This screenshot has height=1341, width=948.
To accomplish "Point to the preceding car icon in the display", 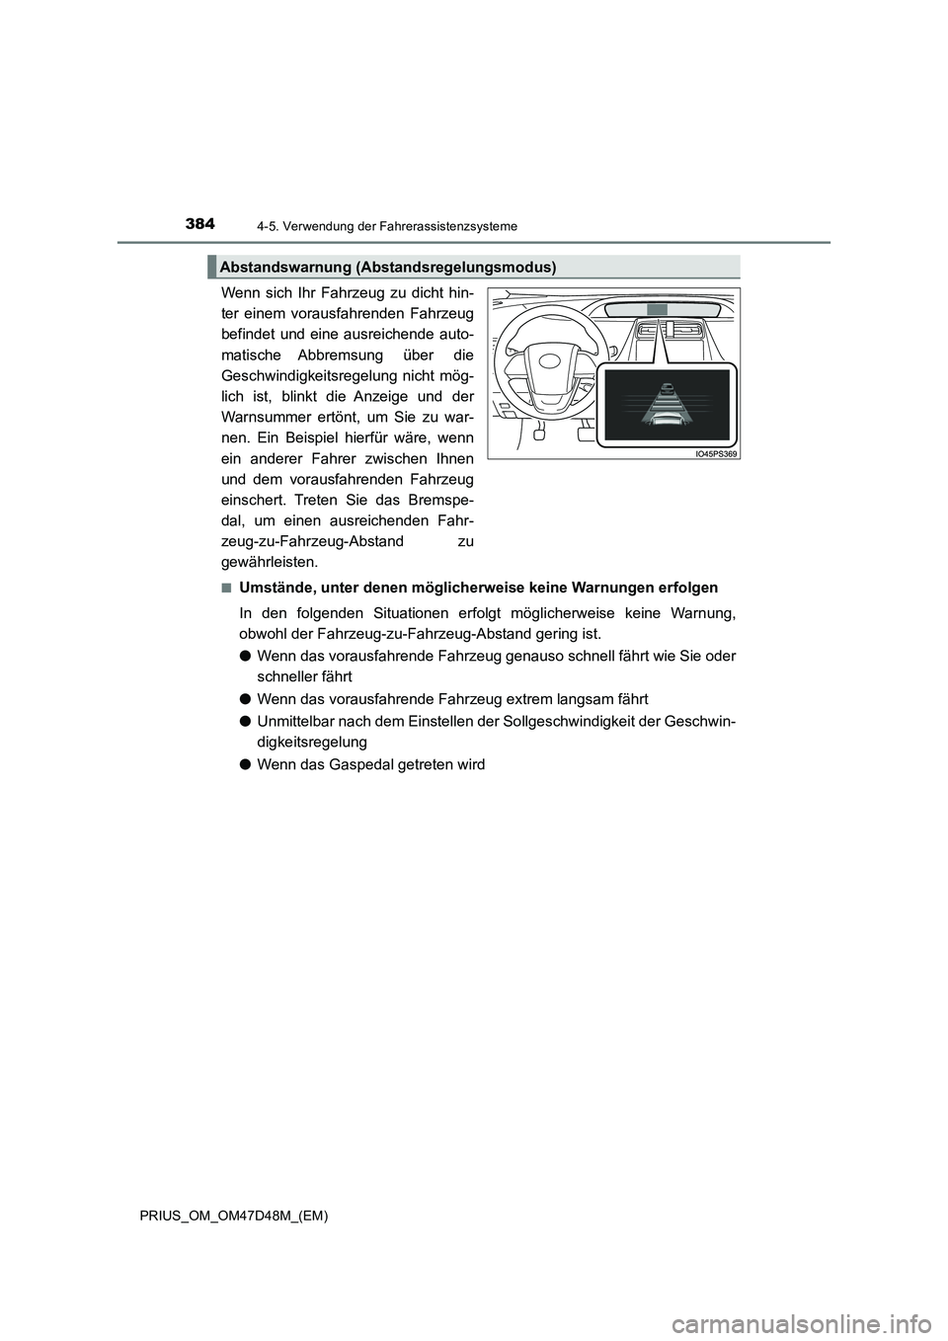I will [668, 388].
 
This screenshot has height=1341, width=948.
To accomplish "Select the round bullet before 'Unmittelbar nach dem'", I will [246, 721].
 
